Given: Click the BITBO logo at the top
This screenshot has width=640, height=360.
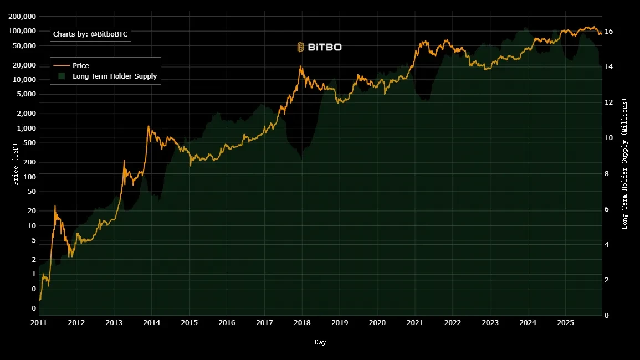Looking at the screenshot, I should [319, 47].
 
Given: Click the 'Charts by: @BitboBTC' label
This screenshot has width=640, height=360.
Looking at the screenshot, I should [90, 34].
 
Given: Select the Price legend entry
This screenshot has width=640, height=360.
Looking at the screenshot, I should [80, 66].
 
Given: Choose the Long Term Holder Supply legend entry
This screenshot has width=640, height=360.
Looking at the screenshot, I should [114, 76].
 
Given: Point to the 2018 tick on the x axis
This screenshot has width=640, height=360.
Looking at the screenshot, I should [302, 322].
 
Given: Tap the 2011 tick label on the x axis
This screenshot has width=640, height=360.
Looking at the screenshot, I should [39, 322].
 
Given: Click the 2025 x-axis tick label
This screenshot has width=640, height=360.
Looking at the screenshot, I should [565, 322].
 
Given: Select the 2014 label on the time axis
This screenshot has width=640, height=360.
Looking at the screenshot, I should [151, 322].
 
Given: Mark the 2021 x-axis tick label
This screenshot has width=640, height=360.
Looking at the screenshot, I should [415, 322].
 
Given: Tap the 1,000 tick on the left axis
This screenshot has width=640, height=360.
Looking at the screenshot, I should [24, 128].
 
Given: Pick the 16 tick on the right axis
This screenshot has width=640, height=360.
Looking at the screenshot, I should [608, 32].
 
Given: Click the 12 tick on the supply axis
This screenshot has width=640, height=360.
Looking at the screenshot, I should [608, 102].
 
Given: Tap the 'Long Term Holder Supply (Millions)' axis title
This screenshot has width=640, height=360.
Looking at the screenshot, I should [624, 164].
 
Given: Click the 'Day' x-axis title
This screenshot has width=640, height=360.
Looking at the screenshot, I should [320, 342].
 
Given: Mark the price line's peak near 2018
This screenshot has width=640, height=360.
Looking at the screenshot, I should [301, 66].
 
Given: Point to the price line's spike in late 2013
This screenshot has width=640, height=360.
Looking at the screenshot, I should [148, 126].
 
